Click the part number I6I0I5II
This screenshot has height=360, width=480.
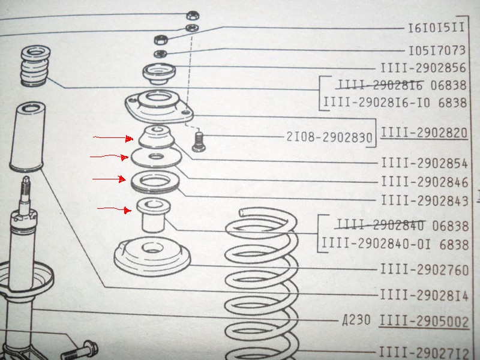pyautogui.click(x=436, y=28)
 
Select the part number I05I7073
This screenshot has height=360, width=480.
pyautogui.click(x=437, y=50)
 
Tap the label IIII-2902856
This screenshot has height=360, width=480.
pyautogui.click(x=423, y=68)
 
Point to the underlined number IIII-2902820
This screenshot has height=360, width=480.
pyautogui.click(x=424, y=133)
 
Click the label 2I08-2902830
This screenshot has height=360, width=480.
pyautogui.click(x=329, y=137)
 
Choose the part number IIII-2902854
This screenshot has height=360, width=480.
pyautogui.click(x=424, y=163)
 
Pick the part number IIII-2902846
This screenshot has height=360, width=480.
pyautogui.click(x=425, y=182)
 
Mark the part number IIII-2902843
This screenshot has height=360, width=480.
pyautogui.click(x=425, y=201)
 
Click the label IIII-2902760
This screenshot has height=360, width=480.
pyautogui.click(x=424, y=269)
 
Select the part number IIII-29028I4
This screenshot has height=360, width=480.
pyautogui.click(x=424, y=295)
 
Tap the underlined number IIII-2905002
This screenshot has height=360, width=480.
pyautogui.click(x=424, y=322)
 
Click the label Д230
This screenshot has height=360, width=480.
pyautogui.click(x=356, y=320)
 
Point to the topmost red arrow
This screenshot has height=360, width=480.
pyautogui.click(x=113, y=139)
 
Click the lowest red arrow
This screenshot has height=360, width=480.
pyautogui.click(x=114, y=209)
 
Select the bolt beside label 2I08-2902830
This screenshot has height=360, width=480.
pyautogui.click(x=198, y=141)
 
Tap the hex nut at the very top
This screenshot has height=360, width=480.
pyautogui.click(x=193, y=15)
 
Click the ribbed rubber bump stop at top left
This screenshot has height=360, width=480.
pyautogui.click(x=35, y=66)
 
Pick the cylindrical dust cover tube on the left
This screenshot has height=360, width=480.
pyautogui.click(x=27, y=137)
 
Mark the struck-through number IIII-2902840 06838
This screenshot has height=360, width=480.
pyautogui.click(x=403, y=226)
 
